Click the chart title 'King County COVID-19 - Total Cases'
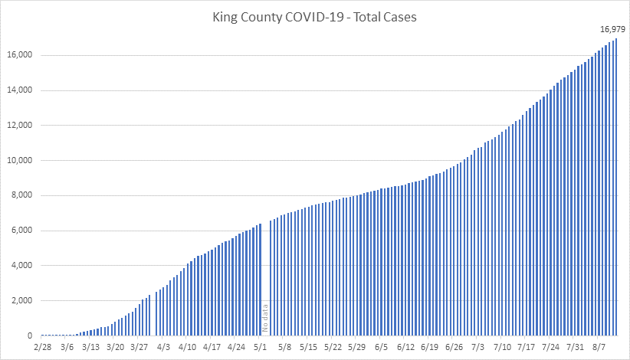click(x=314, y=18)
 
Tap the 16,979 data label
click(x=612, y=28)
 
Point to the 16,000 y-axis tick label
click(x=19, y=55)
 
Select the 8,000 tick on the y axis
click(x=21, y=195)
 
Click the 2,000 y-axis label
click(x=21, y=301)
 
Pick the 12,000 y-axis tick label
click(x=19, y=126)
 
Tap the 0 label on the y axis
click(x=29, y=336)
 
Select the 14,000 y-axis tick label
click(x=19, y=90)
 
